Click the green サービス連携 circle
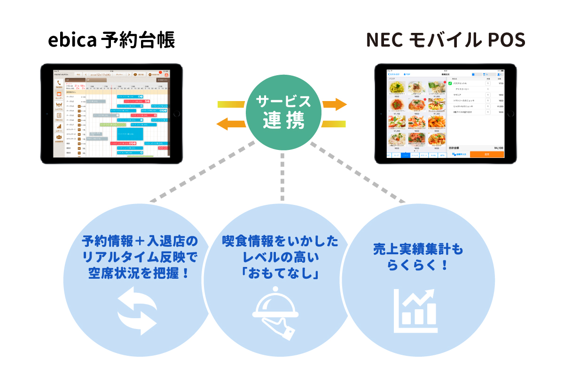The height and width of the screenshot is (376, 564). pos(284,112)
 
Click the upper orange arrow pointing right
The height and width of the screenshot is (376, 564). pos(335,104)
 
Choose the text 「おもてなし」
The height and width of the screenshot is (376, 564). pos(280,274)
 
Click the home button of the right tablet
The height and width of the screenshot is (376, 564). pos(511,114)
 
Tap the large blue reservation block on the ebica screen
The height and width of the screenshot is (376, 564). pos(130,134)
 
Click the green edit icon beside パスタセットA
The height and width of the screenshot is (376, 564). pos(449,83)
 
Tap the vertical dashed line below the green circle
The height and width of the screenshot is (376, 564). pos(283,176)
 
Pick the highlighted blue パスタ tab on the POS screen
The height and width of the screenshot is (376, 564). pos(405,155)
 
